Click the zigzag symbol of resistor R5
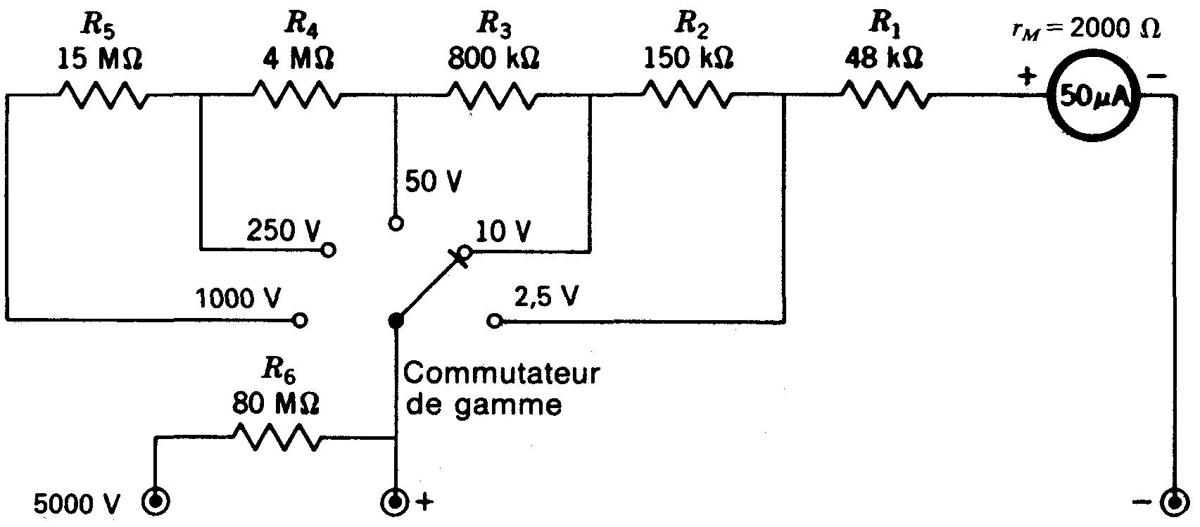[103, 96]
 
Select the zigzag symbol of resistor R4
[297, 96]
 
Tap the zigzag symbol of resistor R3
[493, 96]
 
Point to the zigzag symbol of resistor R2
[687, 96]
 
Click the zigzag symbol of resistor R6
[277, 439]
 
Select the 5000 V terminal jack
[154, 502]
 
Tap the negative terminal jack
[1173, 502]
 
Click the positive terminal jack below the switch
[395, 502]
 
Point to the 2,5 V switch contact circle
[494, 321]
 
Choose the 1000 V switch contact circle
[300, 321]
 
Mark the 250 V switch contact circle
[329, 250]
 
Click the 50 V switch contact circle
[396, 224]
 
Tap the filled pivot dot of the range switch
[396, 321]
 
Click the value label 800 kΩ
[493, 58]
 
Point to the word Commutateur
[501, 373]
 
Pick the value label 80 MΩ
[275, 405]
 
